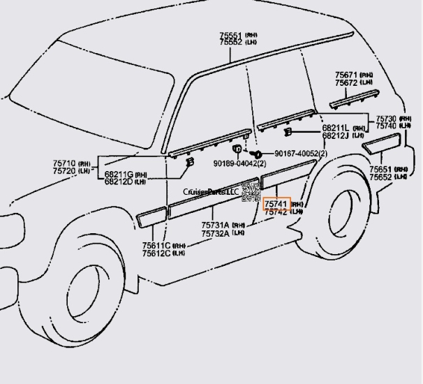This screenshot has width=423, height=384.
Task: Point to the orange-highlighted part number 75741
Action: [x=276, y=204]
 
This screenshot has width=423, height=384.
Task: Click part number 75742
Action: [x=276, y=212]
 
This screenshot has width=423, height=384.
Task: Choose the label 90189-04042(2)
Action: [x=237, y=164]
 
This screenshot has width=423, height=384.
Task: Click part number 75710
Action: [x=66, y=163]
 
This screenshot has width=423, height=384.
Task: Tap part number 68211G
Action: [x=119, y=174]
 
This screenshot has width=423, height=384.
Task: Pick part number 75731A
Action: [x=218, y=226]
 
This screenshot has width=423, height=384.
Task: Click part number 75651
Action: [x=380, y=170]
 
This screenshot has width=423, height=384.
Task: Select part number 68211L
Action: [x=336, y=128]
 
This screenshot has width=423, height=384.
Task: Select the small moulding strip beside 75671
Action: [x=352, y=98]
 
